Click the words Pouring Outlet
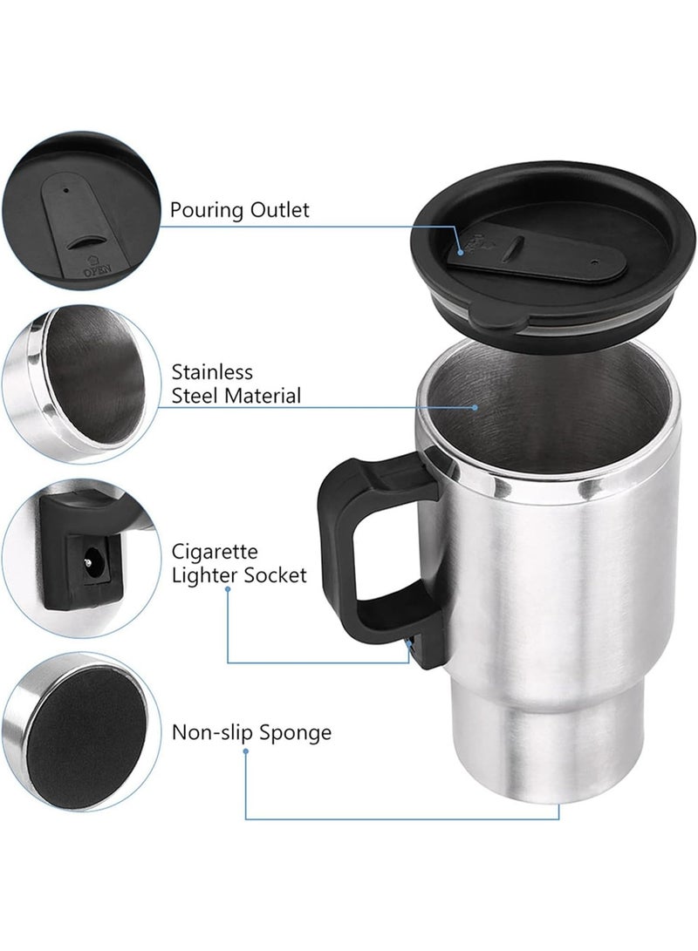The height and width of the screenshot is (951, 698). click(239, 210)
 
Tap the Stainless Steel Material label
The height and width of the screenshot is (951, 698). click(236, 384)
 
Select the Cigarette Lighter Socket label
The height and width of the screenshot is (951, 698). click(238, 563)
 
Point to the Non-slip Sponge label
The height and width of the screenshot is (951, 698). click(251, 731)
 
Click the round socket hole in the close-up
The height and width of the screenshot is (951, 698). click(87, 554)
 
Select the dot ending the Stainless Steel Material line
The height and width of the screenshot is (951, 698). click(476, 405)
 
